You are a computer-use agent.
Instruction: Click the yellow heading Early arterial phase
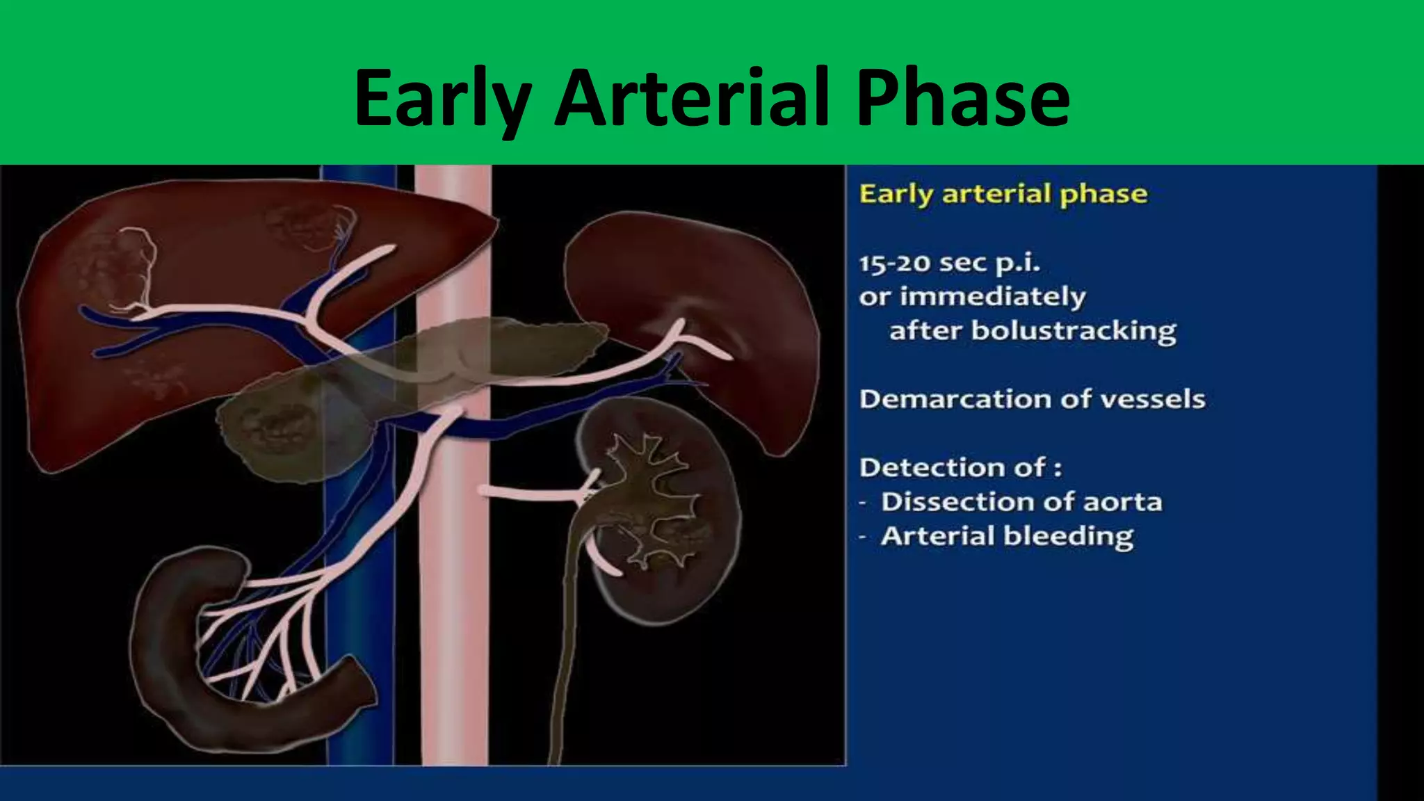[x=1003, y=194]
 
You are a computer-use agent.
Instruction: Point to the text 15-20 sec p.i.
[x=949, y=264]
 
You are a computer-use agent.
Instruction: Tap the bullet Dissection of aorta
[x=1021, y=502]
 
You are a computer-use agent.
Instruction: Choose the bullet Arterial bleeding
[x=1007, y=536]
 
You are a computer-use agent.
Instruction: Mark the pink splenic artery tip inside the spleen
[x=716, y=351]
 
